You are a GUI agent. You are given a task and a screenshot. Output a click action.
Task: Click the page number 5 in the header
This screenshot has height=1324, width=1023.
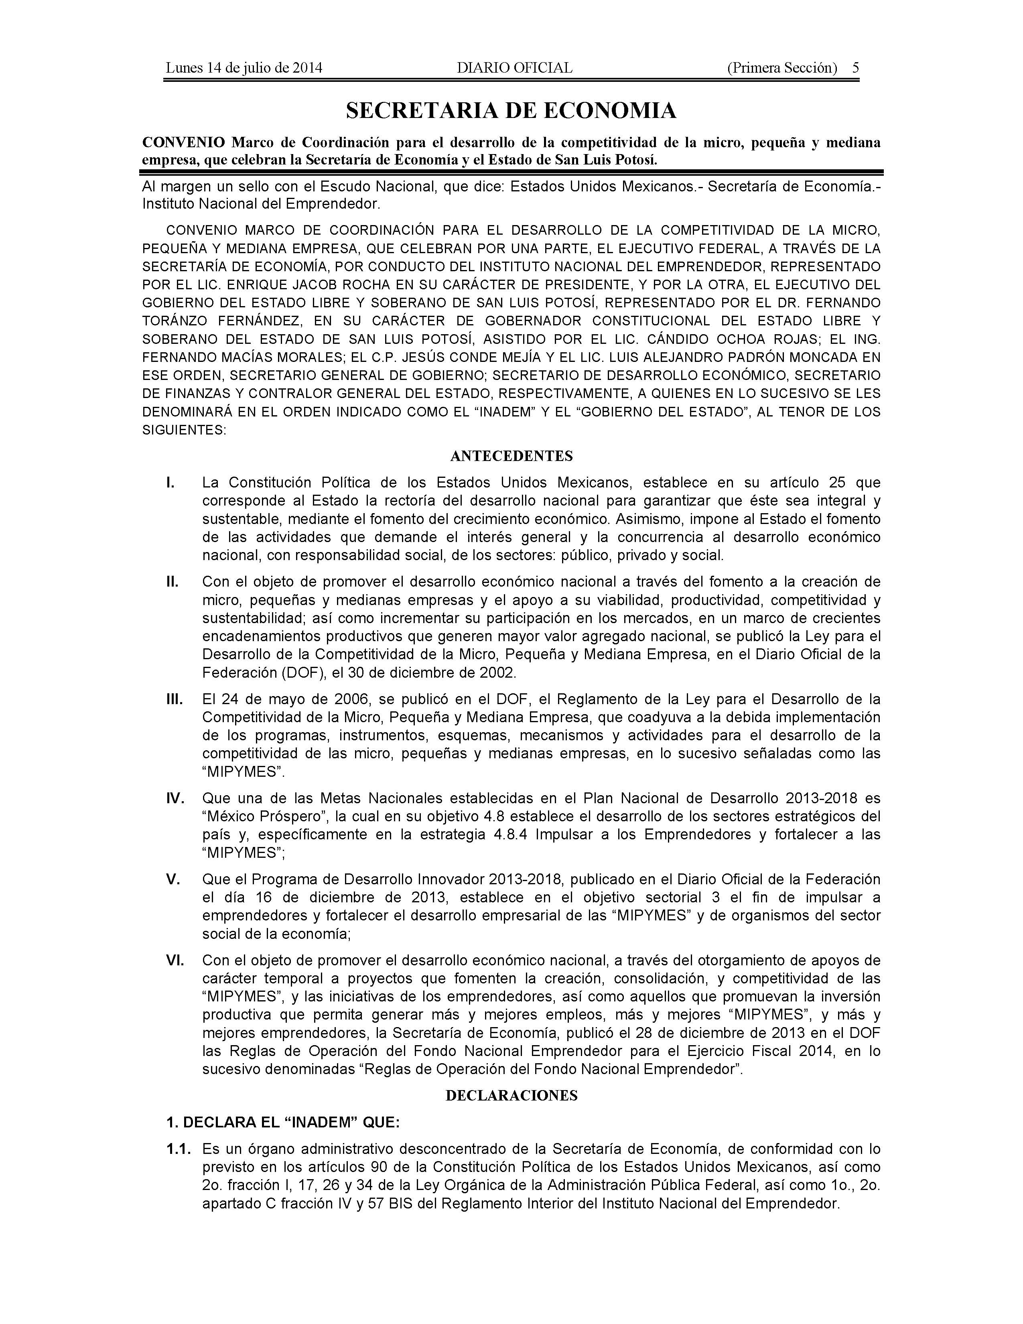pos(855,68)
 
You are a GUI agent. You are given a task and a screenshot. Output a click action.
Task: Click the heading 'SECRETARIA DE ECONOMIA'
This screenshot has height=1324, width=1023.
pos(511,110)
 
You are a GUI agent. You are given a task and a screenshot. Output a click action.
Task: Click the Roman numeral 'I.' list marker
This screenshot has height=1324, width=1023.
pos(171,483)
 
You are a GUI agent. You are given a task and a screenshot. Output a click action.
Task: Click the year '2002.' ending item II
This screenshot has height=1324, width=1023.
pos(497,672)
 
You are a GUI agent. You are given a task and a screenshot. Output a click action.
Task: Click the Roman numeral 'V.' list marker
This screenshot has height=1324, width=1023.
pos(173,879)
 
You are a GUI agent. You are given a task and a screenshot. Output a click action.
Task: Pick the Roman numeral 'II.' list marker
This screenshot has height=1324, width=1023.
pos(173,582)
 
